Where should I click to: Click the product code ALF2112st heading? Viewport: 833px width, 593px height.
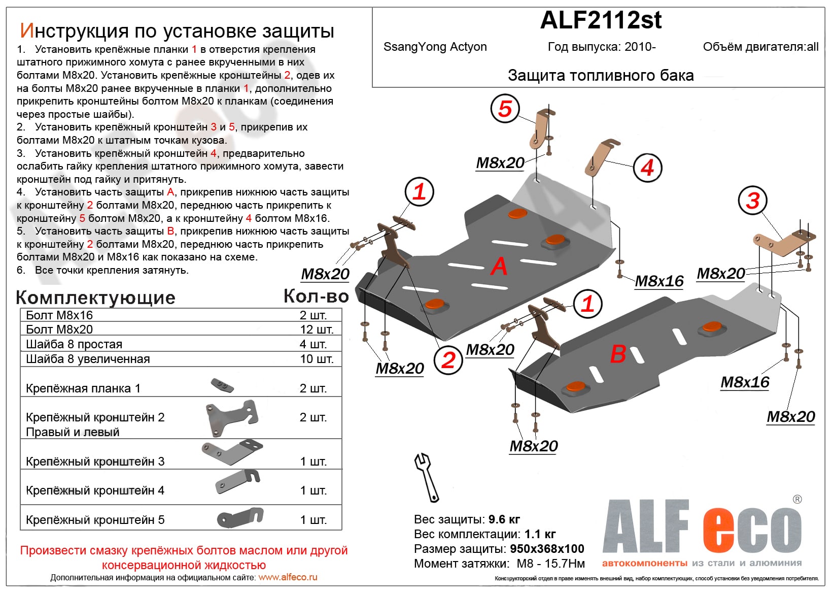tap(601, 20)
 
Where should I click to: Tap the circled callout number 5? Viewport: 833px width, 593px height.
tap(505, 109)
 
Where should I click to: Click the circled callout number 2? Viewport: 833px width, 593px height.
tap(448, 360)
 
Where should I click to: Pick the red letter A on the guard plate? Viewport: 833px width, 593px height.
tap(499, 266)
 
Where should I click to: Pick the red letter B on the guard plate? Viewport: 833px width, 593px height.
tap(617, 354)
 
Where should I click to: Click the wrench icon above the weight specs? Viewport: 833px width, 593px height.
tap(426, 477)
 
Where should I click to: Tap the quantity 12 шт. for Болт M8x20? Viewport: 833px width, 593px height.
tap(317, 330)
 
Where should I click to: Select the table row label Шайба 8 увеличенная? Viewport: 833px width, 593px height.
tap(88, 359)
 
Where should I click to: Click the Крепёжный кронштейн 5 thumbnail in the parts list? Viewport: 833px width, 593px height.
tap(240, 517)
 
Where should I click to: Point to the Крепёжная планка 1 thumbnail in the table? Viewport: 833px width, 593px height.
tap(222, 385)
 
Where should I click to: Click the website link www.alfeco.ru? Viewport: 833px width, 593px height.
tap(288, 577)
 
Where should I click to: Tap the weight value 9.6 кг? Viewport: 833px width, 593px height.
tap(504, 519)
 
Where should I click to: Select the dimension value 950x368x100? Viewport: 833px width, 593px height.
tap(547, 549)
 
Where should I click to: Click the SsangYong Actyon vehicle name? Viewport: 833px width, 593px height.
tap(435, 47)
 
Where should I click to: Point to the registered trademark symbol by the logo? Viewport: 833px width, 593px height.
tap(797, 500)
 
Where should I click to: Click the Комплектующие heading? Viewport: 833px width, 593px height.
tap(95, 298)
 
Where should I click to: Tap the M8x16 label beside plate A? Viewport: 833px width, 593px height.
tap(659, 281)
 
